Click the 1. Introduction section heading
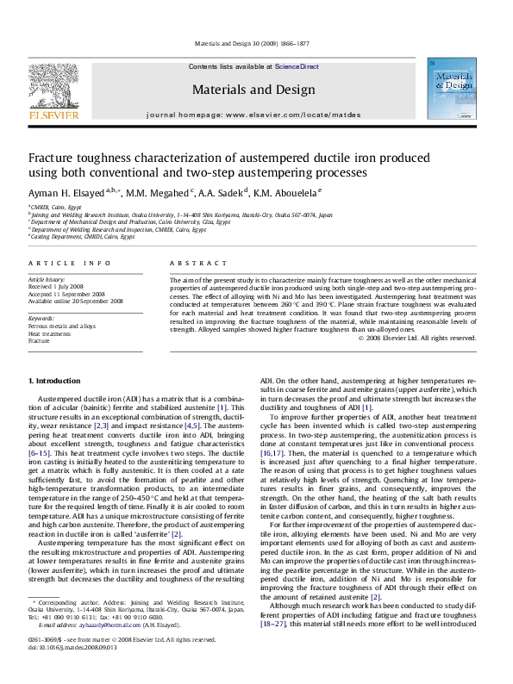55,380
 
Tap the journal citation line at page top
256,44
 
